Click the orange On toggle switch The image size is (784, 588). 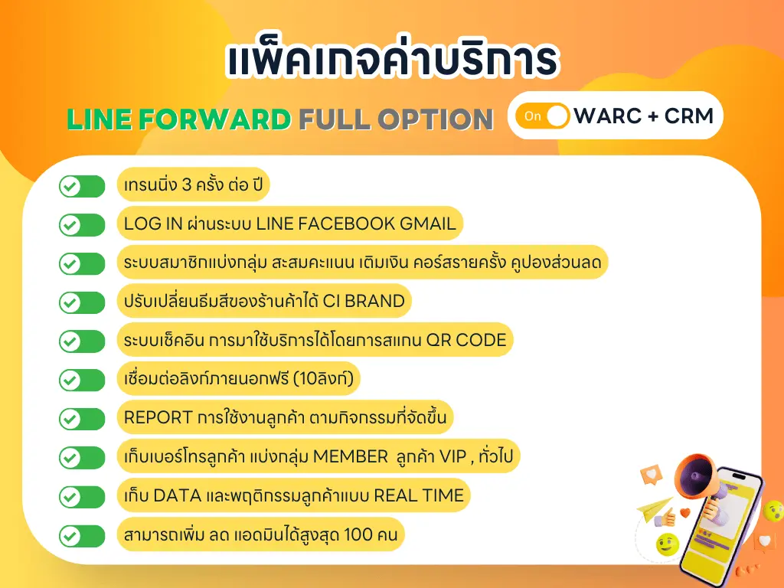543,116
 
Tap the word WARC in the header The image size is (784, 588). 607,116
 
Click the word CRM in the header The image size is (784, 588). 688,116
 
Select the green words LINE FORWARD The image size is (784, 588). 179,119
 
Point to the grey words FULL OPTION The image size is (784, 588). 396,119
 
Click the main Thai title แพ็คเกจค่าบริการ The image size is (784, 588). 392,59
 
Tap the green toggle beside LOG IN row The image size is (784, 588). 82,225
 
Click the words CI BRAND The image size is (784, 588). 364,301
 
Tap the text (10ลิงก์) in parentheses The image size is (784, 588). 323,378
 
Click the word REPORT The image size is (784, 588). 158,417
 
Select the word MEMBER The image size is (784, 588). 350,456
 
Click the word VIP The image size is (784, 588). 452,456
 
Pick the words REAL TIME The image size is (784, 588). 419,495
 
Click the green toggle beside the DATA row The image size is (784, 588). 82,497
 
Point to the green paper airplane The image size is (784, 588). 655,508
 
